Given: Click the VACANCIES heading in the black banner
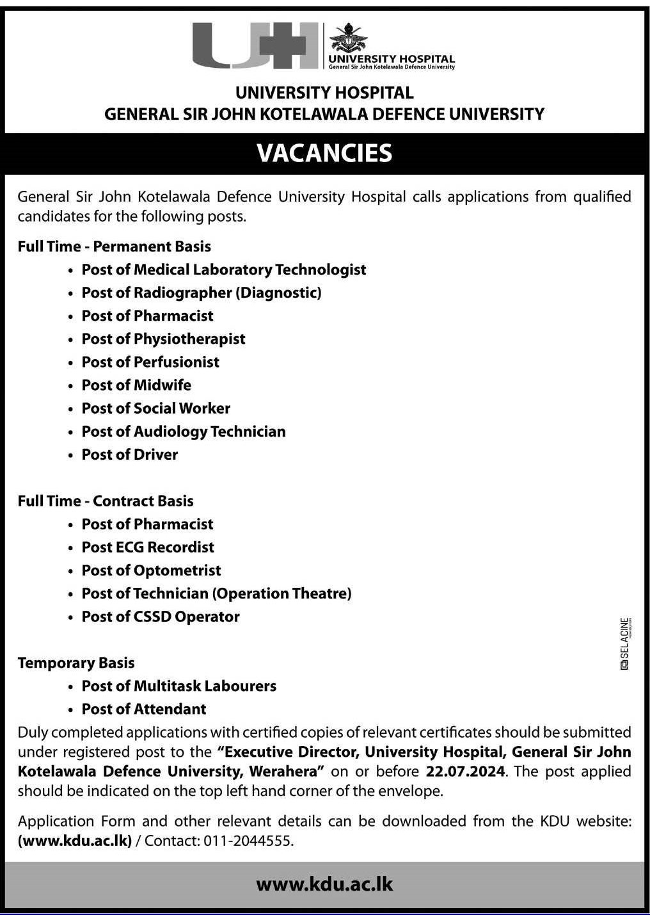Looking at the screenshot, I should pyautogui.click(x=324, y=153).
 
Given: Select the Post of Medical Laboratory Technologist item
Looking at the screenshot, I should pyautogui.click(x=223, y=270).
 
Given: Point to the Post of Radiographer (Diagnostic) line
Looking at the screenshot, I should pyautogui.click(x=202, y=293).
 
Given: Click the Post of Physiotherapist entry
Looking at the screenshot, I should pyautogui.click(x=163, y=339).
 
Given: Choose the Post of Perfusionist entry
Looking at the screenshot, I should pyautogui.click(x=150, y=362).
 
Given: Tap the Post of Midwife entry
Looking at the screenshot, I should pyautogui.click(x=136, y=385).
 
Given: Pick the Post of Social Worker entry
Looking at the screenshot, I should pyautogui.click(x=155, y=408).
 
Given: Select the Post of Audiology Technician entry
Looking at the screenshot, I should pyautogui.click(x=184, y=431).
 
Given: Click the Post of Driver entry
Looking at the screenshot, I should pyautogui.click(x=130, y=454).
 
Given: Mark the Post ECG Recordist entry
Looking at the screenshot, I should pyautogui.click(x=148, y=547).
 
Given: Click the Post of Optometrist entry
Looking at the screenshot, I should pyautogui.click(x=151, y=570).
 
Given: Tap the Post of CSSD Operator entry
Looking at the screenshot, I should pyautogui.click(x=161, y=616).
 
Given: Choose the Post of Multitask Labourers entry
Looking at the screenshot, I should pyautogui.click(x=179, y=686).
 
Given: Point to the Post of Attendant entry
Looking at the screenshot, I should pyautogui.click(x=144, y=709).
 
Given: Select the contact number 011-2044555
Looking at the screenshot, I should pyautogui.click(x=248, y=841).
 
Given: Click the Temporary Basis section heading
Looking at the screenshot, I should pyautogui.click(x=76, y=663).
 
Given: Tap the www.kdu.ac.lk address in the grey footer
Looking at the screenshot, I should pyautogui.click(x=324, y=884).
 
